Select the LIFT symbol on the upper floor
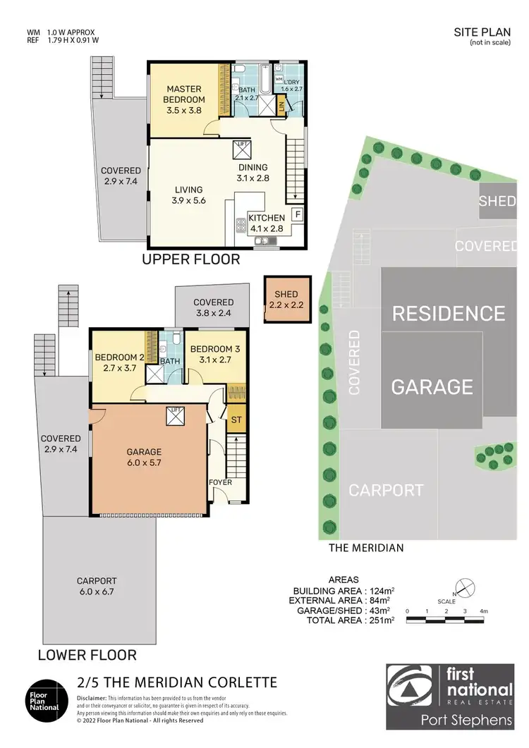point(241,149)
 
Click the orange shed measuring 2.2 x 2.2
point(287,300)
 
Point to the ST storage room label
point(236,420)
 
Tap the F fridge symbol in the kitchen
point(297,214)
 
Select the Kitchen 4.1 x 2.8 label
point(266,223)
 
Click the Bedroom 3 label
point(210,355)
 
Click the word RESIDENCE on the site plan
point(449,313)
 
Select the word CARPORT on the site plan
point(387,490)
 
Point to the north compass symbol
point(462,586)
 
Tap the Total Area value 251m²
point(380,620)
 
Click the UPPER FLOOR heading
point(190,259)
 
